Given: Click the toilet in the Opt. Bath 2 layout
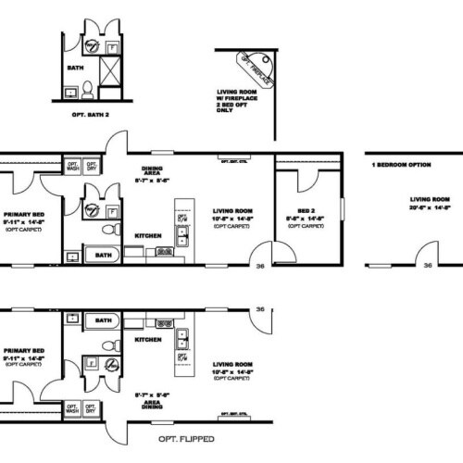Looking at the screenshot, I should click(87, 90).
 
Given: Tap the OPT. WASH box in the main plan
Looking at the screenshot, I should click(73, 167).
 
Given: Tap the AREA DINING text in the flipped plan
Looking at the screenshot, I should click(154, 399).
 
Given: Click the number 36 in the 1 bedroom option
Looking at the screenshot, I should click(427, 265).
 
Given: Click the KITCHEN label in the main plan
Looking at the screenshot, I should click(147, 235).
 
